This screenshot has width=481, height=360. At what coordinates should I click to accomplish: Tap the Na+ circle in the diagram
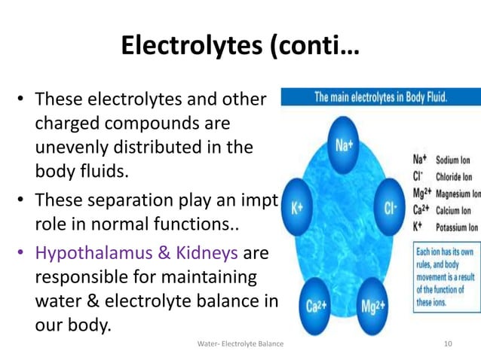coord(342,145)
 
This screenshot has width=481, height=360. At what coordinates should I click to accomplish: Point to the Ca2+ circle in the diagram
coord(315,307)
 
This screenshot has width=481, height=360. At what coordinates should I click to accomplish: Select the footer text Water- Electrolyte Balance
coord(240,344)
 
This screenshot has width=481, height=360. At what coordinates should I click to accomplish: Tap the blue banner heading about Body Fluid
coord(380,96)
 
